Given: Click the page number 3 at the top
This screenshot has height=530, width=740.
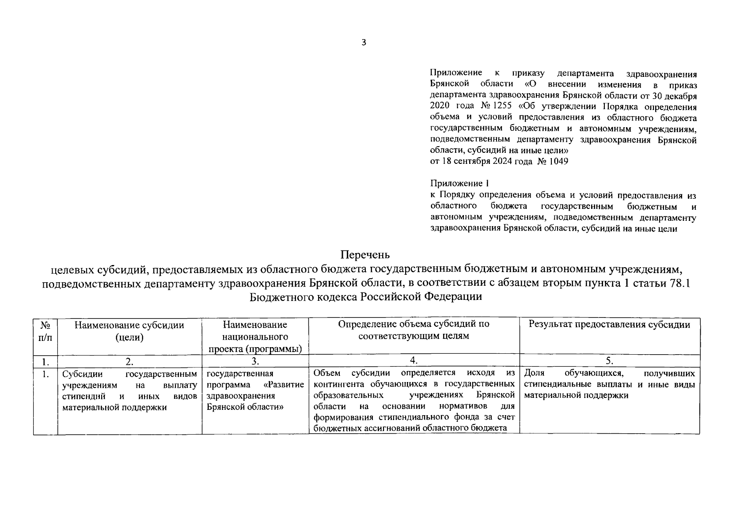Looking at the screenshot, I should (364, 42).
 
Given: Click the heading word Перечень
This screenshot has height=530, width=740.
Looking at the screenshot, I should (365, 255).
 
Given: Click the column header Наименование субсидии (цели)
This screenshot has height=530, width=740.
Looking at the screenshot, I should (129, 331).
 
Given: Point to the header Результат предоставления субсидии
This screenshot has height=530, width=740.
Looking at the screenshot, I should (610, 325).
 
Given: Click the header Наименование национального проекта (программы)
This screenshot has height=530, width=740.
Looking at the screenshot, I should (255, 337).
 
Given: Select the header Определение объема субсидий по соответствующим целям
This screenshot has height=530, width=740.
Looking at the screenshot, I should (414, 330).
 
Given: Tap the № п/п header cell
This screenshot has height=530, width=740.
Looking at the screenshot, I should (45, 331).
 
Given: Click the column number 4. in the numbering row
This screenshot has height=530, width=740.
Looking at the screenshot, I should (414, 361).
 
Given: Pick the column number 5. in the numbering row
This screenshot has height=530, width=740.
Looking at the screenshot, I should (609, 361).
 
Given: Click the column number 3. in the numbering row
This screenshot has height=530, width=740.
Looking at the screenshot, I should (255, 361).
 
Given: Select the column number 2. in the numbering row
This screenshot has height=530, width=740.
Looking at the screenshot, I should (129, 361).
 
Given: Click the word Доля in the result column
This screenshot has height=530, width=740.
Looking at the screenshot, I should (534, 373).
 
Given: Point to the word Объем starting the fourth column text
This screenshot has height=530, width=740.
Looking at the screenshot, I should (327, 373).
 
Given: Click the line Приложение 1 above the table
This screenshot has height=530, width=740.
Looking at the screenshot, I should (460, 183).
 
